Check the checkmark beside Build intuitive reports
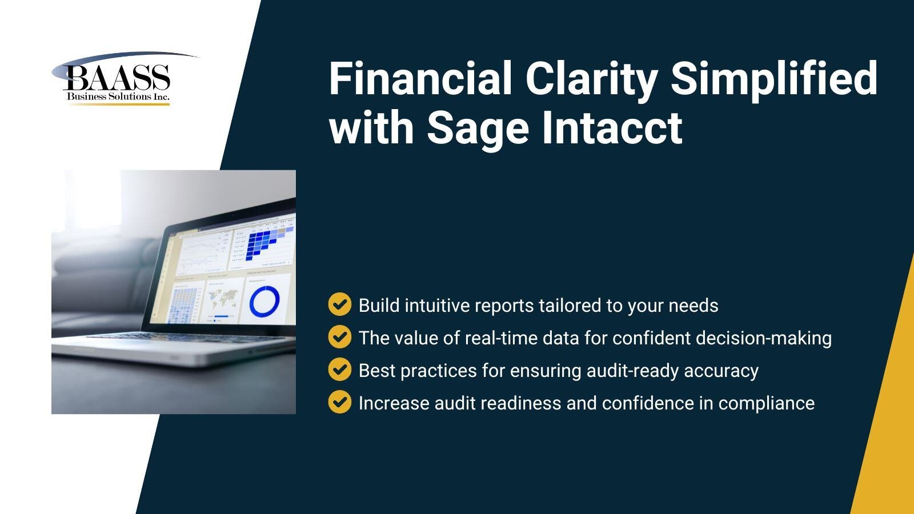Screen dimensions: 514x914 339,305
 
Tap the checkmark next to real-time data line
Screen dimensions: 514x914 339,338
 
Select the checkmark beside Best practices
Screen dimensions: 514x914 339,370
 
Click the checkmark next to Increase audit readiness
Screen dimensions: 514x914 339,403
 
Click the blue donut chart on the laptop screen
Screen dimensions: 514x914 264,300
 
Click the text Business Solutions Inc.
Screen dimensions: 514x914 118,97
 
